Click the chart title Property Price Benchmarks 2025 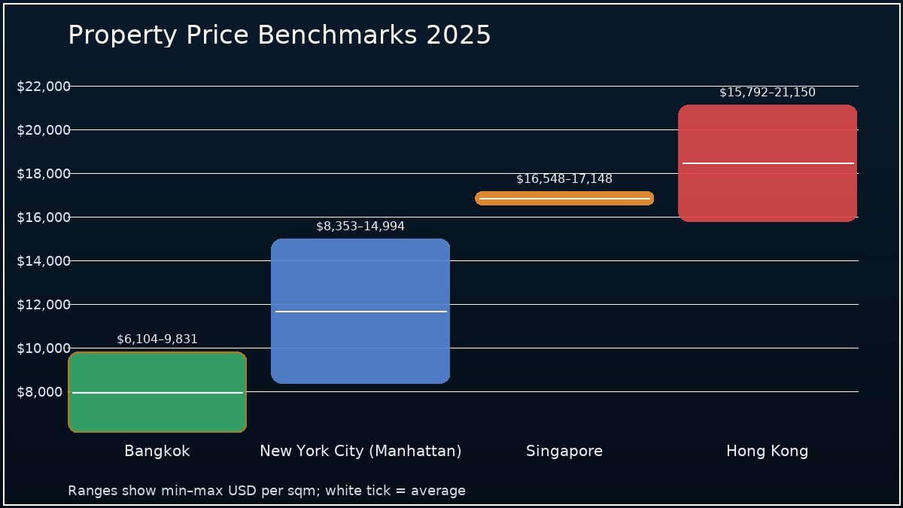point(279,35)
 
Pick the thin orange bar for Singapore point(564,199)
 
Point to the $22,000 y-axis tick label point(44,87)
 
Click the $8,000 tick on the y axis point(44,392)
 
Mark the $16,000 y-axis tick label point(44,217)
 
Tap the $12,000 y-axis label point(44,305)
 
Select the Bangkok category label point(157,451)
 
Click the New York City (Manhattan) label point(360,451)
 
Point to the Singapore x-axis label point(564,451)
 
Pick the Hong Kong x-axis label point(768,451)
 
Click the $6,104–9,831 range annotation point(157,339)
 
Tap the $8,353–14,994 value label point(360,227)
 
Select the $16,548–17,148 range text point(564,179)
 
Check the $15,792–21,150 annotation point(768,93)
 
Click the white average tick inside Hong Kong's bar point(768,163)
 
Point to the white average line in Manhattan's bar point(360,311)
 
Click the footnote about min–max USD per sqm point(266,491)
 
